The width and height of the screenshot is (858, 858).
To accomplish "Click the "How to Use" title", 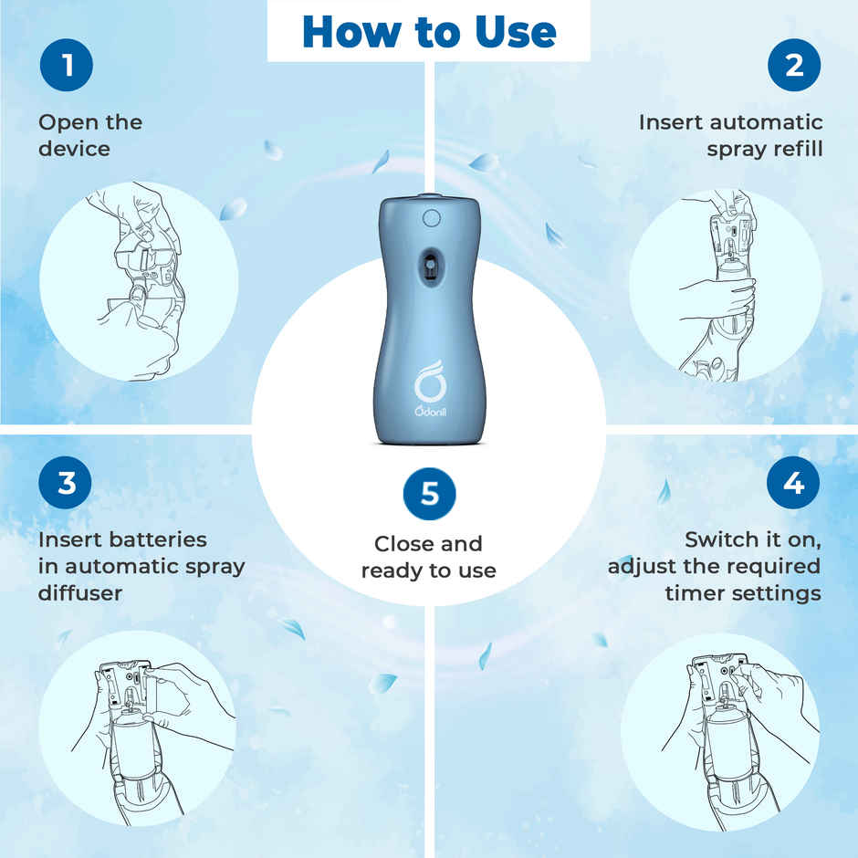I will [x=428, y=31].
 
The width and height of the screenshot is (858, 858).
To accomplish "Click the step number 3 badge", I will [x=66, y=482].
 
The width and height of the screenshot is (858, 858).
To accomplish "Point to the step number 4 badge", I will [x=793, y=482].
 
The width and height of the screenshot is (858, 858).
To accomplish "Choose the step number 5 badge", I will [x=429, y=494].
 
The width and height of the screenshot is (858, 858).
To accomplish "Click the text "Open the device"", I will [x=90, y=135].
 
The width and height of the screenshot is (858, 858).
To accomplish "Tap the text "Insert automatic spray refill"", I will [x=730, y=135].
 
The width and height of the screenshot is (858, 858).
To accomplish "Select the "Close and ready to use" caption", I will [x=429, y=557].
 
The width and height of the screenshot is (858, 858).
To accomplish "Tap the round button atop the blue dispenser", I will [x=431, y=218].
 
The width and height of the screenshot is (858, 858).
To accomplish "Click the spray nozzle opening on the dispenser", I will [x=428, y=266].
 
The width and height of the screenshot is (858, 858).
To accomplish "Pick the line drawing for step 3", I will [x=137, y=726].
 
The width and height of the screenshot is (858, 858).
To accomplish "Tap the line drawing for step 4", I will [x=721, y=726].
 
